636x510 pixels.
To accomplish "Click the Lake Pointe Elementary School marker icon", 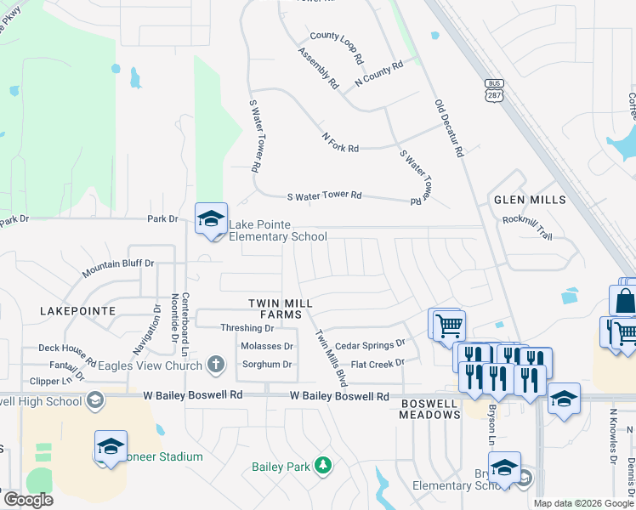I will pyautogui.click(x=211, y=219).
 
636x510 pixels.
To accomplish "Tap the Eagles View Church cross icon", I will pyautogui.click(x=216, y=366).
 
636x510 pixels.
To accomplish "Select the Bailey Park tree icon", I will pyautogui.click(x=322, y=465).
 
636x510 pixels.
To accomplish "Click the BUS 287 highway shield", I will pyautogui.click(x=495, y=90).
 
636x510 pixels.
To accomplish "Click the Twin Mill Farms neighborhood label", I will pyautogui.click(x=281, y=309).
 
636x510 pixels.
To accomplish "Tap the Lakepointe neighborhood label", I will pyautogui.click(x=77, y=311).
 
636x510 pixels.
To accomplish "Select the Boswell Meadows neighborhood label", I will pyautogui.click(x=430, y=409).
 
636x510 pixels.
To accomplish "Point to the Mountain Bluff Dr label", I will pyautogui.click(x=118, y=269).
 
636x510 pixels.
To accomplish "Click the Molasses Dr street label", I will pyautogui.click(x=266, y=346).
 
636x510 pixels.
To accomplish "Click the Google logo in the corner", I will pyautogui.click(x=27, y=500).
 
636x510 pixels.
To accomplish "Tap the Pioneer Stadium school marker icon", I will pyautogui.click(x=111, y=447).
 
